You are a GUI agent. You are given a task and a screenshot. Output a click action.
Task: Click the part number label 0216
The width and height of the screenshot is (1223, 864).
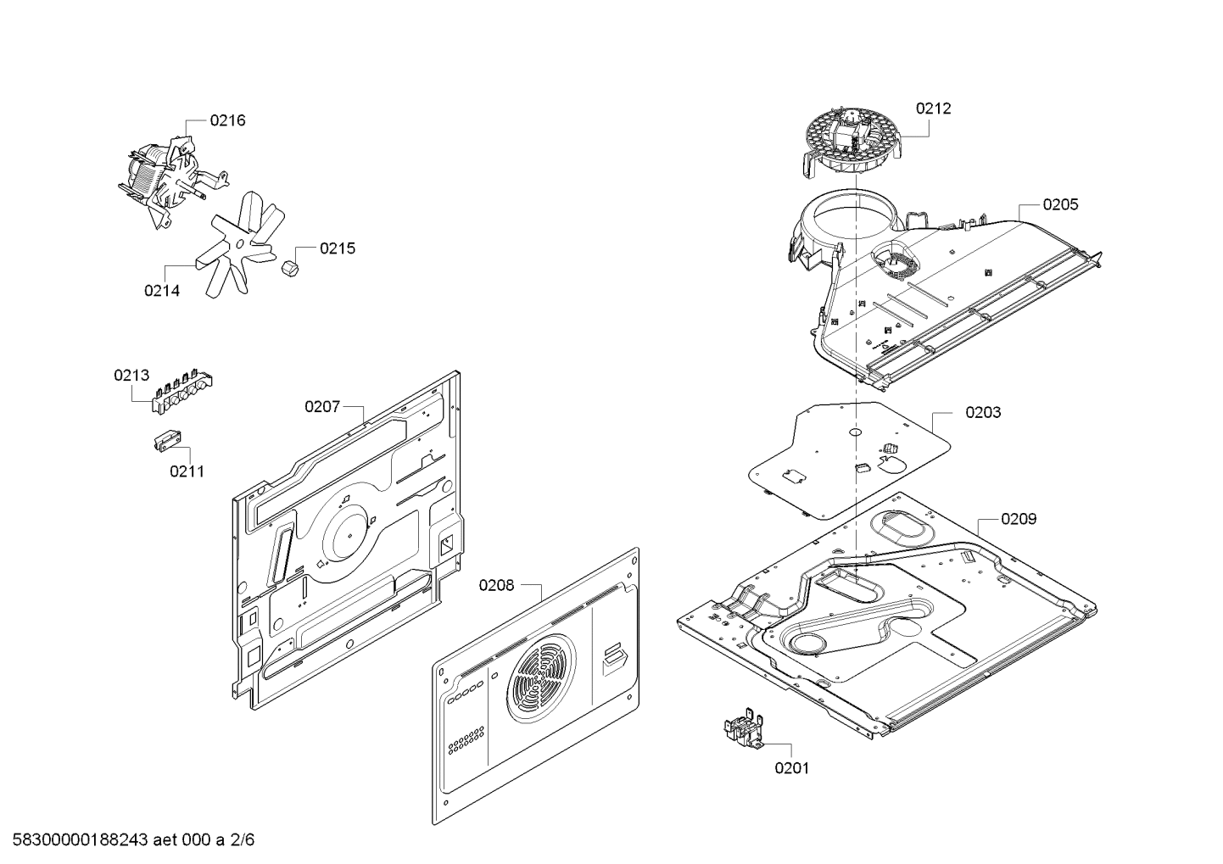[x=227, y=120]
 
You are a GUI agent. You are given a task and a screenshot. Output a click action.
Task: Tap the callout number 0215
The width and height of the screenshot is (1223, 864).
[x=338, y=248]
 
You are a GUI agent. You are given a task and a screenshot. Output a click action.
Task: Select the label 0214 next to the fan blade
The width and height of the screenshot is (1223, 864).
[x=162, y=291]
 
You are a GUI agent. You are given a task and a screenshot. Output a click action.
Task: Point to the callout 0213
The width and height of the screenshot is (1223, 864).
[x=131, y=376]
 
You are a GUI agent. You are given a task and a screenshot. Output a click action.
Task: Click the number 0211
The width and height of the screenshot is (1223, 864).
[x=187, y=471]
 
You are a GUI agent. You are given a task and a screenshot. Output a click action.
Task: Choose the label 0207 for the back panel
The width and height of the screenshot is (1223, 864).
[x=322, y=407]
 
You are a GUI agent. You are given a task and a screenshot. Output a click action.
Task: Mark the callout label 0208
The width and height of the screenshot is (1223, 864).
[x=496, y=586]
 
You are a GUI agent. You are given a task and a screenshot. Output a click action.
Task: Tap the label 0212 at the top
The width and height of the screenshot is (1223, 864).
[x=934, y=109]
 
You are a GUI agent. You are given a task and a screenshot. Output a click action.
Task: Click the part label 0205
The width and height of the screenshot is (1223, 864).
[x=1061, y=204]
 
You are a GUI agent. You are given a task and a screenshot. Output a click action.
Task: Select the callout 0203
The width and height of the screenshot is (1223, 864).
[x=983, y=413]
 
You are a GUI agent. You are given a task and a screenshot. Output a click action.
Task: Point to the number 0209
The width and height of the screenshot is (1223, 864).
[x=1019, y=519]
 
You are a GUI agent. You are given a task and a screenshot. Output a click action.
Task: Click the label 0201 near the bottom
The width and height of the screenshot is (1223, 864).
[x=792, y=768]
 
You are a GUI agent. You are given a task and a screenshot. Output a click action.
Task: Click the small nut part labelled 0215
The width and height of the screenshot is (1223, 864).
[x=291, y=269]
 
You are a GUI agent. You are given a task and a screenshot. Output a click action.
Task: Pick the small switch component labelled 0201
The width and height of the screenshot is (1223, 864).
[x=744, y=727]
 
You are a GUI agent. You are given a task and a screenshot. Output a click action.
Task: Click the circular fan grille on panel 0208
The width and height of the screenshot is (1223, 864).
[x=541, y=677]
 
